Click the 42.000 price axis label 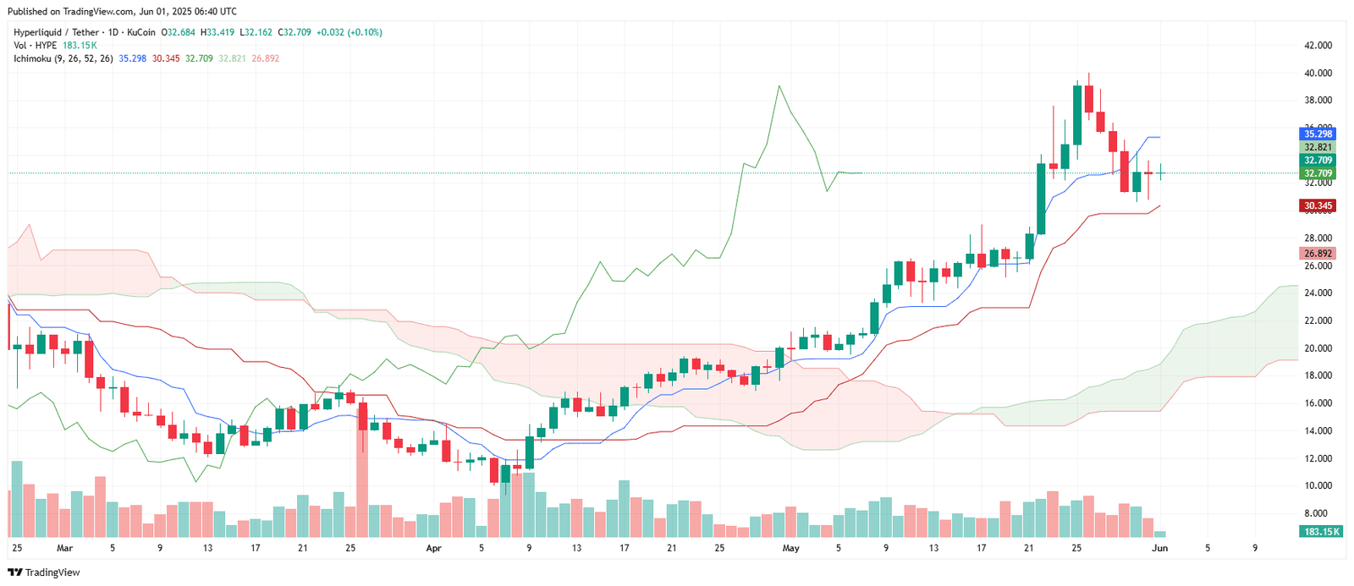(x=1318, y=46)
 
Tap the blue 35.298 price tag (x=1317, y=134)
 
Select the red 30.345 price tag (x=1317, y=205)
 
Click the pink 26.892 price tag (x=1317, y=253)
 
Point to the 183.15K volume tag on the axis (x=1321, y=531)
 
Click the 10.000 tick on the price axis (x=1318, y=486)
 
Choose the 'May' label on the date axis (x=790, y=548)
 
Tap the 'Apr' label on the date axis (x=433, y=548)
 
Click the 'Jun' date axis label (x=1159, y=548)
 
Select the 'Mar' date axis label (x=65, y=548)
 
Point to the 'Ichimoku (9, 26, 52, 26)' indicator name (x=63, y=58)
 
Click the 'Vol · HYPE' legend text (x=35, y=46)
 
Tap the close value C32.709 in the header (x=296, y=32)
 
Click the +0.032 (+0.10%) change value (x=349, y=32)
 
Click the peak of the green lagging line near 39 (x=778, y=86)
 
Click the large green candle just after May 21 (x=1041, y=199)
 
